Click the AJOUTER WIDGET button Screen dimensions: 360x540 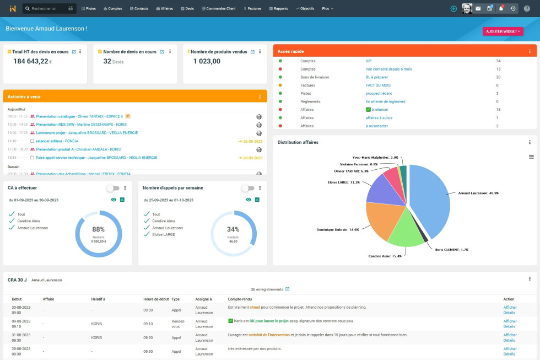click(x=503, y=31)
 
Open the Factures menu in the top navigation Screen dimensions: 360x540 click(x=252, y=9)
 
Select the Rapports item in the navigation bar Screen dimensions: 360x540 click(x=279, y=9)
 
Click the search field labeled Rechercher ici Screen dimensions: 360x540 click(x=46, y=9)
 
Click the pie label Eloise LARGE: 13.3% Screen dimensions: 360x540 click(x=343, y=182)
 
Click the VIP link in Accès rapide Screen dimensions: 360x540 click(x=369, y=61)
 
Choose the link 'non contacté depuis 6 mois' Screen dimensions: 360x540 click(x=388, y=69)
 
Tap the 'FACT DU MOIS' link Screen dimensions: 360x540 click(x=378, y=85)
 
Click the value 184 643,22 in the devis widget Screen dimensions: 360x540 click(x=31, y=61)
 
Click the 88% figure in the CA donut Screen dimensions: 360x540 click(x=98, y=229)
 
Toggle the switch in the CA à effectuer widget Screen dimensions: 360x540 click(x=112, y=188)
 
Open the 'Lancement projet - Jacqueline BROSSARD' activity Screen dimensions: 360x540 click(x=87, y=133)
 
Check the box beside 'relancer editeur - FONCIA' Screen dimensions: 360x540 click(x=32, y=141)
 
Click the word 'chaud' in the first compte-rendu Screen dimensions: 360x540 click(x=255, y=307)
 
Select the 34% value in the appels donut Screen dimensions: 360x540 click(x=233, y=229)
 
